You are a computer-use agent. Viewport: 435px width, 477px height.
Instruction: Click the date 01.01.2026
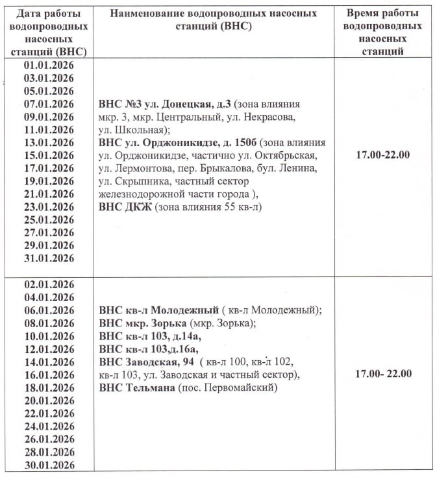click(49, 66)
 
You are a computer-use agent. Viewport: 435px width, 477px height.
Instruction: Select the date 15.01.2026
click(49, 155)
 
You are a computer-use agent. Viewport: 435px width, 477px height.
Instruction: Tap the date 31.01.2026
click(49, 258)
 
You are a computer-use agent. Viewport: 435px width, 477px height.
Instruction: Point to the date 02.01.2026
click(49, 284)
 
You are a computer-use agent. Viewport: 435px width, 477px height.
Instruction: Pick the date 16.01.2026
click(49, 374)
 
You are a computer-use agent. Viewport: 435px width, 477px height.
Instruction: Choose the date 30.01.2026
click(49, 465)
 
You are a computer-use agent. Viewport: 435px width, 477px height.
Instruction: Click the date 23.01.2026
click(49, 207)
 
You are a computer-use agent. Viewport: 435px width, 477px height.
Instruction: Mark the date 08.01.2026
click(49, 323)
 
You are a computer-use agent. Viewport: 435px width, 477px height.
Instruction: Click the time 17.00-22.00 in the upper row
click(384, 155)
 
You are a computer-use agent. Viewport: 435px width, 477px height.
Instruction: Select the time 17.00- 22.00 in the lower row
click(384, 374)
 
